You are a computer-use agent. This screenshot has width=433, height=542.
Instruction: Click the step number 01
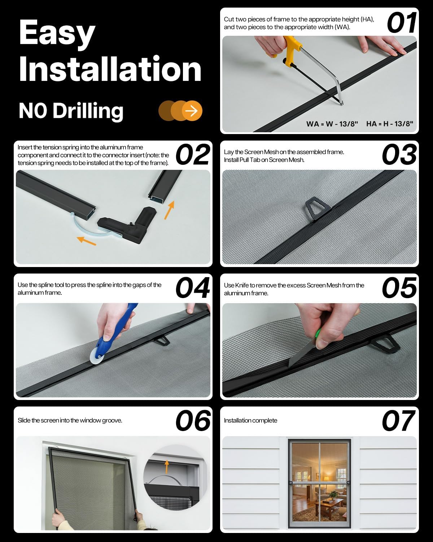click(402, 23)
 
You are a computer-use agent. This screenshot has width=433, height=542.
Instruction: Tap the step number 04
click(193, 287)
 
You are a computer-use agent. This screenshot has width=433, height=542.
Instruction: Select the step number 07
click(398, 420)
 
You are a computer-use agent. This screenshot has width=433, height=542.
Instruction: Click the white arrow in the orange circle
click(192, 111)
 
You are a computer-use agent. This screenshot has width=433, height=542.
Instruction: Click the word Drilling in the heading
click(88, 111)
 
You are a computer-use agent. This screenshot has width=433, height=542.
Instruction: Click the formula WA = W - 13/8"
click(332, 124)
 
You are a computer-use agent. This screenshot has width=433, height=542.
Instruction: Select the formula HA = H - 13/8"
click(389, 124)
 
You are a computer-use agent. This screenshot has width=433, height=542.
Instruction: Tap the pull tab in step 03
click(318, 208)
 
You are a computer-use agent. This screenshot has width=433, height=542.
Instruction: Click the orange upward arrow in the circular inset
click(167, 467)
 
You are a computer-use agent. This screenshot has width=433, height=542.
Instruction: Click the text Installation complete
click(250, 420)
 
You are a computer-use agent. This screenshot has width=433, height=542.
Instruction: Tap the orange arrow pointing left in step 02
click(86, 241)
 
